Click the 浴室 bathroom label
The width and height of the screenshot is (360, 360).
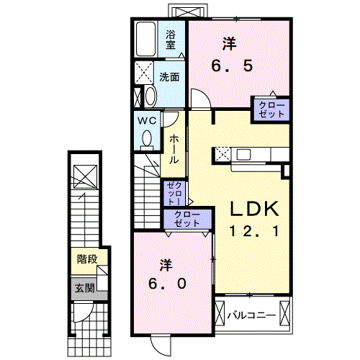[171, 40]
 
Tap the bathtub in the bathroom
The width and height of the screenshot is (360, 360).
[145, 40]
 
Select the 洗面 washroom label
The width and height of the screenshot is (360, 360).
[169, 77]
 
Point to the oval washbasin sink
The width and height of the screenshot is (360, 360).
[150, 96]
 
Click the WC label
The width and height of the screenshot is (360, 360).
[147, 120]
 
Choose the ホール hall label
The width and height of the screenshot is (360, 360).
[174, 149]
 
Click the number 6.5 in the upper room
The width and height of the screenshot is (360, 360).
[232, 66]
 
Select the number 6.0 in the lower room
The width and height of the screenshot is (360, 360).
[167, 284]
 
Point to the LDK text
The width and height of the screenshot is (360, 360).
[254, 209]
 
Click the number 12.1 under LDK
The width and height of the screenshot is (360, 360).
[254, 231]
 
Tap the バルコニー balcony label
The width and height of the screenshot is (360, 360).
[251, 315]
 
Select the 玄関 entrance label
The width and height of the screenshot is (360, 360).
[84, 288]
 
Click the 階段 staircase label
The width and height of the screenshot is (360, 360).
[87, 259]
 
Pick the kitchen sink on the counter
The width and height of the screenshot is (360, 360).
[243, 154]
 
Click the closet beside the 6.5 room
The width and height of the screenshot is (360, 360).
[271, 109]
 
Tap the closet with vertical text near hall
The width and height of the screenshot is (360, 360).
[174, 193]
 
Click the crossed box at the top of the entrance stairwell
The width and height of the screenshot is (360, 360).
[85, 176]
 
